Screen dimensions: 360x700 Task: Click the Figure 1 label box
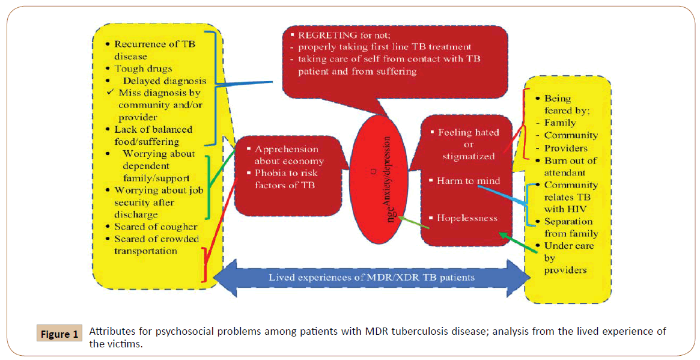[59, 334]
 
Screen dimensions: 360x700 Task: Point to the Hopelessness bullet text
[467, 218]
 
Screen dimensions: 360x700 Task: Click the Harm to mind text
[468, 180]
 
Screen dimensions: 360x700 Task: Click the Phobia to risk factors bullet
[285, 178]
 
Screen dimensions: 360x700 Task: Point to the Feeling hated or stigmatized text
[468, 144]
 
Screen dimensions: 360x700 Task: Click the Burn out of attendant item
[570, 166]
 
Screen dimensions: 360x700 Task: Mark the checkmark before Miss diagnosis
[109, 93]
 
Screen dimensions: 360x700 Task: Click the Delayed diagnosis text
[165, 81]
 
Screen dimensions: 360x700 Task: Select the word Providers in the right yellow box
[565, 148]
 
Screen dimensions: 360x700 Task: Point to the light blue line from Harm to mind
[502, 196]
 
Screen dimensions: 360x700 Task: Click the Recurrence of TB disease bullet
[154, 50]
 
